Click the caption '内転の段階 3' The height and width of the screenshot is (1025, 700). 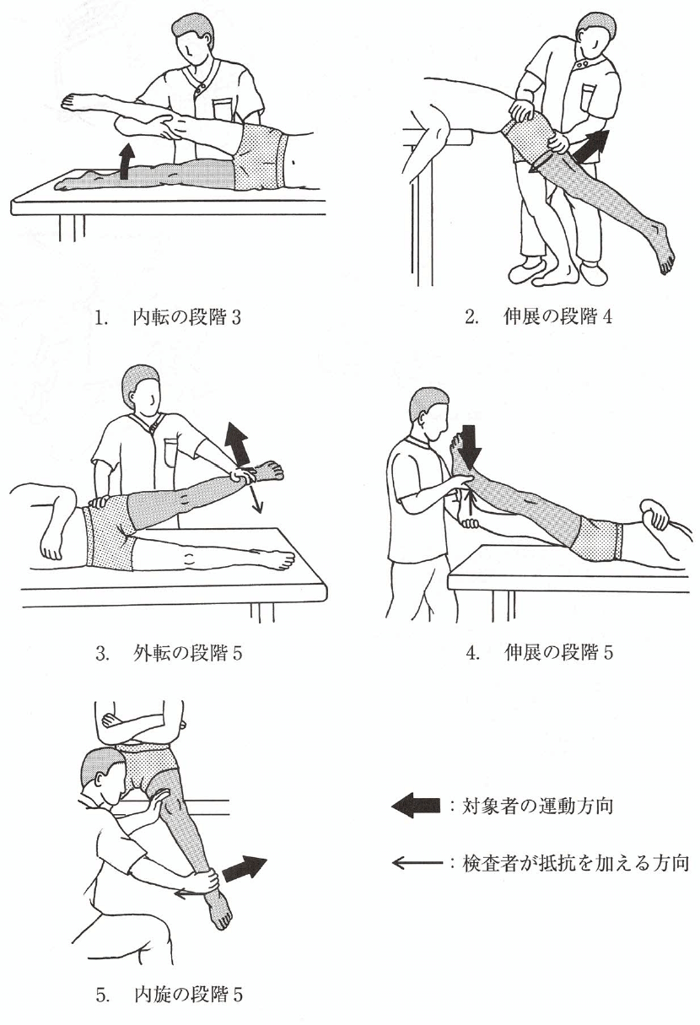186,318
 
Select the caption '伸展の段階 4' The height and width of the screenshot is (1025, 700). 557,316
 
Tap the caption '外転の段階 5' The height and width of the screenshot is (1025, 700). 188,654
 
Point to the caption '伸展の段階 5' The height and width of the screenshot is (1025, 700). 558,652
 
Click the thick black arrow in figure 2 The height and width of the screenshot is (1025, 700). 591,144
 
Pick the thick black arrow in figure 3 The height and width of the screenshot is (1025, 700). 238,443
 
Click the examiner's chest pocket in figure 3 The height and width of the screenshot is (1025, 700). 170,452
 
